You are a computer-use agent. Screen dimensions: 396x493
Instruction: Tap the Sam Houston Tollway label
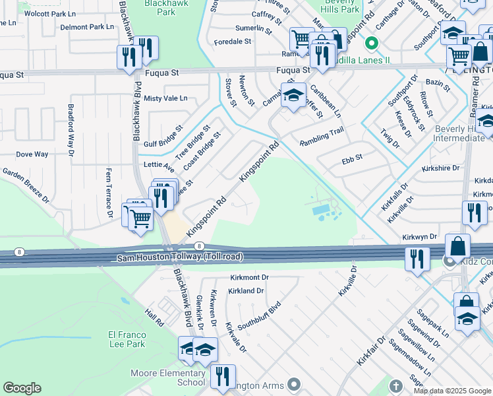click(x=180, y=257)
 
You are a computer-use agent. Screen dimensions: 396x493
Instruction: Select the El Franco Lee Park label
click(x=126, y=339)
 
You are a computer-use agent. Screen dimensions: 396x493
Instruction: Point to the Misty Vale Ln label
click(x=165, y=98)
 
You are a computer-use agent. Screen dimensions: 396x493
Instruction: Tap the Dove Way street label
click(x=32, y=154)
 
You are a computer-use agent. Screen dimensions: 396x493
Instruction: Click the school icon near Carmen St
click(x=293, y=94)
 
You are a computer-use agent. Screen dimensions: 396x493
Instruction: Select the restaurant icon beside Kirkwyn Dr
click(x=475, y=213)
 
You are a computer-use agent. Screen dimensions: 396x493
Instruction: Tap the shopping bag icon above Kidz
click(x=458, y=246)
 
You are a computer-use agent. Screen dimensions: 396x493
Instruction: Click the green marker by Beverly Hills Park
click(x=372, y=44)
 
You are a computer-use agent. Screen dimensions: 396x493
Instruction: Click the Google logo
click(x=22, y=388)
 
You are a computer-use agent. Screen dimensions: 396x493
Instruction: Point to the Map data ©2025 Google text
click(x=452, y=391)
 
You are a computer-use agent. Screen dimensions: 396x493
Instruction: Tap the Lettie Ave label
click(x=159, y=165)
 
